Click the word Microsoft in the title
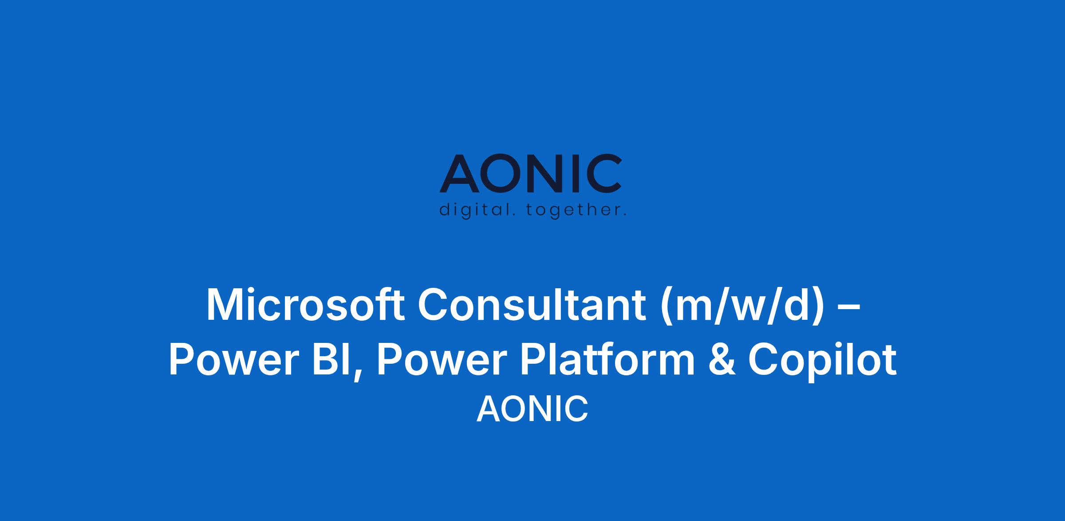coord(305,305)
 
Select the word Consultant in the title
coord(532,305)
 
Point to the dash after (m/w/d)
coord(851,307)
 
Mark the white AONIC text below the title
coord(532,409)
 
